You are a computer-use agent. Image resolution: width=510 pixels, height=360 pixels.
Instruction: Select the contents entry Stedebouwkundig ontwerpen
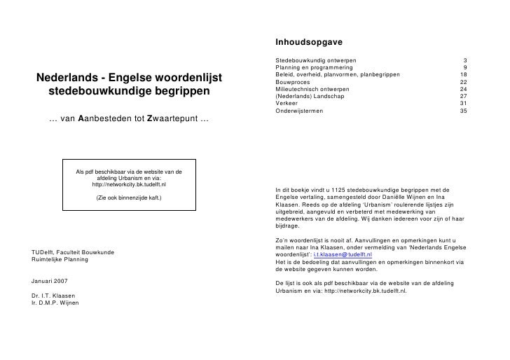coord(316,61)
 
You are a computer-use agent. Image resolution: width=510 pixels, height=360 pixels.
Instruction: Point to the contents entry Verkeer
coord(288,104)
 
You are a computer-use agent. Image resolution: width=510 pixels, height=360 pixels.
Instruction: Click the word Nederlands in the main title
coord(67,76)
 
